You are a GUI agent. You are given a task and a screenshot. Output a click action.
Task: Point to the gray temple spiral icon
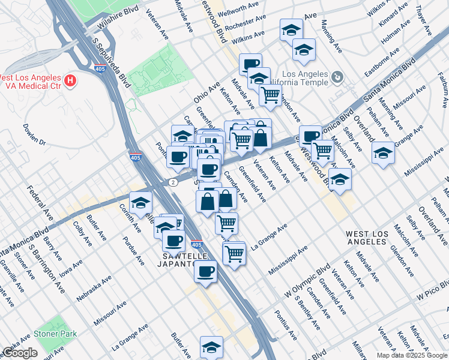coord(337,77)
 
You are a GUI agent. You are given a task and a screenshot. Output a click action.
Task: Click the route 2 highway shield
coord(173,182)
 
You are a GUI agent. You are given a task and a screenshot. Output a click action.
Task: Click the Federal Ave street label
coord(37,202)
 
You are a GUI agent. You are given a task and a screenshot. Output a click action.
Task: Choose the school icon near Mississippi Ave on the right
coord(383,153)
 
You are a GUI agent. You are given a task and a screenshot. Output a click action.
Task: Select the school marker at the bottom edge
coord(211,347)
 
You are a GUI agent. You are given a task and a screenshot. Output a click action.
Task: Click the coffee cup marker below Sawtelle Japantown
coord(205,271)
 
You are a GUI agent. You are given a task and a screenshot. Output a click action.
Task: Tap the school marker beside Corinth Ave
coord(140,203)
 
